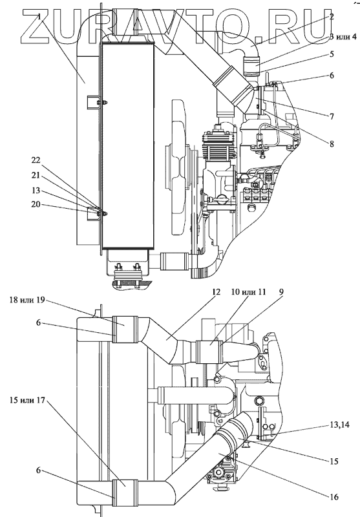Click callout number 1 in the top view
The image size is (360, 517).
[x=39, y=17]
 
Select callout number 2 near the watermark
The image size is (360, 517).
[x=332, y=17]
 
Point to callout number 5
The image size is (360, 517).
[x=332, y=54]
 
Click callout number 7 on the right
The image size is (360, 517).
[x=332, y=116]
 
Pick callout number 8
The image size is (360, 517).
[x=332, y=143]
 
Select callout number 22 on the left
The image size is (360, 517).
[x=36, y=160]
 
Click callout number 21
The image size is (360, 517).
[x=36, y=175]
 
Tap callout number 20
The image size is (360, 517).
[x=36, y=204]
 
